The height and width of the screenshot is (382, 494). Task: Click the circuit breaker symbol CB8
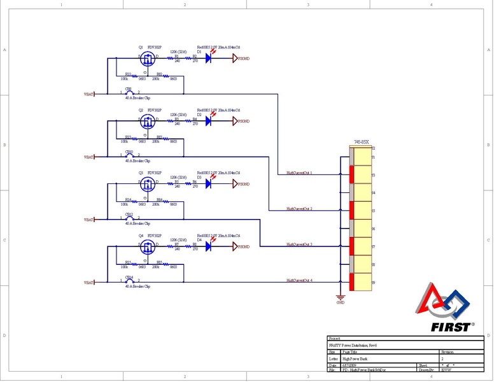(x=130, y=94)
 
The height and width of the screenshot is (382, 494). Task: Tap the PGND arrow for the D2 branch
(x=235, y=121)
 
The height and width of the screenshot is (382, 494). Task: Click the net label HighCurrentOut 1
(x=299, y=173)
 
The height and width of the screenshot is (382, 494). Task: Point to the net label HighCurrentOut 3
(x=299, y=244)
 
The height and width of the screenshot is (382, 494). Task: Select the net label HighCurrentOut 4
(x=299, y=280)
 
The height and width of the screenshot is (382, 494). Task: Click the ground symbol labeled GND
(x=340, y=297)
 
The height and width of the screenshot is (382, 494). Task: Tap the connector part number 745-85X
(x=362, y=143)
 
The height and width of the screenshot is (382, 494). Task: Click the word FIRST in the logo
(x=453, y=327)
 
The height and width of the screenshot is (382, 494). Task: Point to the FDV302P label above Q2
(x=155, y=110)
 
